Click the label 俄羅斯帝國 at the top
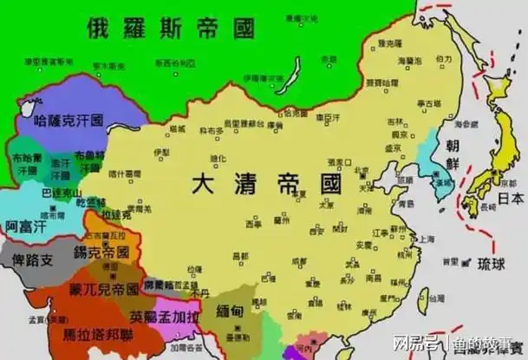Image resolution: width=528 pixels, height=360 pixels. click(x=171, y=28)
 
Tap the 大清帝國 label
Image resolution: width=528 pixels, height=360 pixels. click(x=266, y=183)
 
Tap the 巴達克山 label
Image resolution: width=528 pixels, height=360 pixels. click(x=61, y=193)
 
